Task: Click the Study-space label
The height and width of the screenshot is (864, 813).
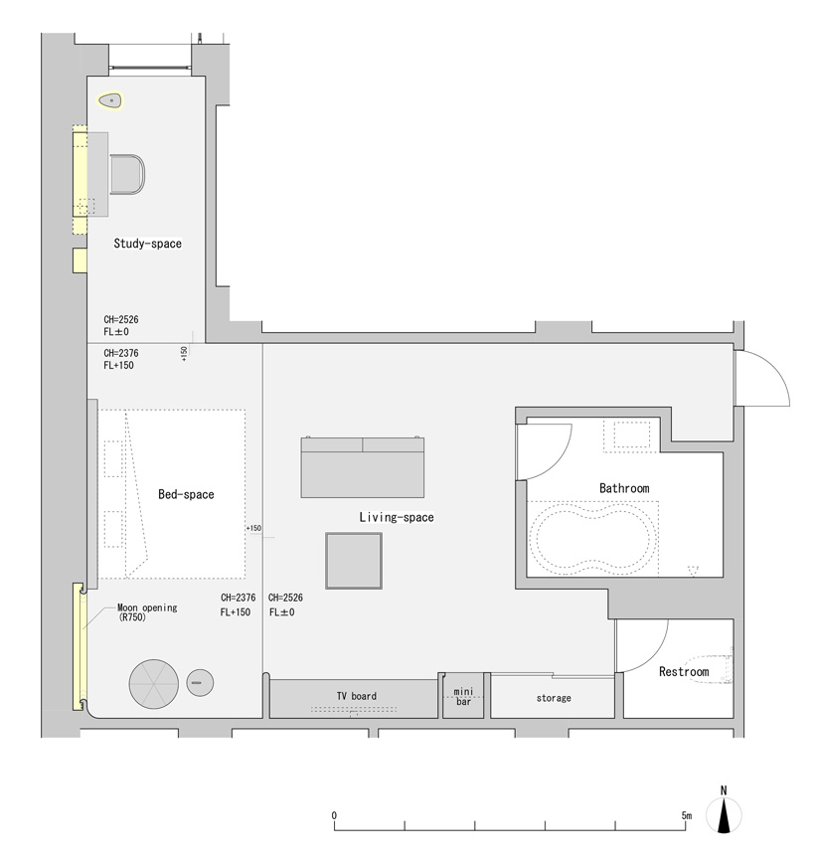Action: [x=148, y=244]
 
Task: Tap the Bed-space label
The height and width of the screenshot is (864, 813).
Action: [x=186, y=494]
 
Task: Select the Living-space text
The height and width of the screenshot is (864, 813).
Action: [x=397, y=517]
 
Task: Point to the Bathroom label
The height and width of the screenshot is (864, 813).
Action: [x=624, y=488]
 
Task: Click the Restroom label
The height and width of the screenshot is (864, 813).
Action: [x=684, y=672]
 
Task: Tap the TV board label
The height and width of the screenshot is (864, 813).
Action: [x=357, y=697]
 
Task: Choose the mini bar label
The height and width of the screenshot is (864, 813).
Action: [x=464, y=697]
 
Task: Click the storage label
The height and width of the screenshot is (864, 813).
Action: [x=554, y=698]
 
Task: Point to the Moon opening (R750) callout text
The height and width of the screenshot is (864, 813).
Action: [x=147, y=612]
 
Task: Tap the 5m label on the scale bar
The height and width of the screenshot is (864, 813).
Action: [x=687, y=815]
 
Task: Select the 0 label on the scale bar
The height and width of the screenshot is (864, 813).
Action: [x=334, y=815]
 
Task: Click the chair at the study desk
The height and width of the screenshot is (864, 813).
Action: [x=127, y=175]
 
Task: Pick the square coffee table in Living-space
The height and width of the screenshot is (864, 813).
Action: [x=354, y=561]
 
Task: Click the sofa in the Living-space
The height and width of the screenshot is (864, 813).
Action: [x=363, y=467]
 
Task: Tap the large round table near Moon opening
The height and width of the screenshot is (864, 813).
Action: [x=154, y=684]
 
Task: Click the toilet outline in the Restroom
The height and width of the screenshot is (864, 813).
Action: [x=709, y=669]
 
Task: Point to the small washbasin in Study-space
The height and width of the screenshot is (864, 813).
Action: [x=110, y=100]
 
